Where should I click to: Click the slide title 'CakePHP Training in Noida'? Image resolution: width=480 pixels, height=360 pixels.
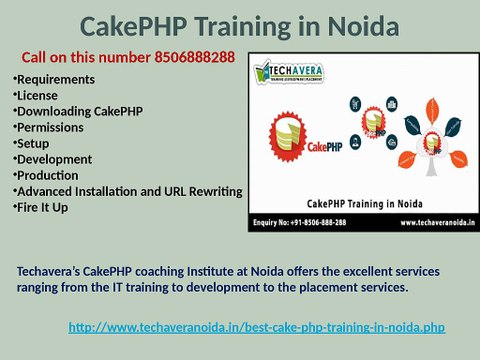pos(240,24)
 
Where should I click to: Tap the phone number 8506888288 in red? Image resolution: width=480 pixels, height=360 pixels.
pos(195,57)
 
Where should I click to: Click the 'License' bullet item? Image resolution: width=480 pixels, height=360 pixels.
pos(38,95)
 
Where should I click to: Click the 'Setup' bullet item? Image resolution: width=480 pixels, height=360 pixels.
pos(35,143)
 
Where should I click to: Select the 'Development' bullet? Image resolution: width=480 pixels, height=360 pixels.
pos(54,159)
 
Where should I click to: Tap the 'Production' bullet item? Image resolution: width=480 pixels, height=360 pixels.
pos(50,175)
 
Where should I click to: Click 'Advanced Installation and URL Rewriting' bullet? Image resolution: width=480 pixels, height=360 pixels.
pos(128,191)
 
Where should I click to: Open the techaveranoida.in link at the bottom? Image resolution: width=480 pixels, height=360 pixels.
pos(256,327)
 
